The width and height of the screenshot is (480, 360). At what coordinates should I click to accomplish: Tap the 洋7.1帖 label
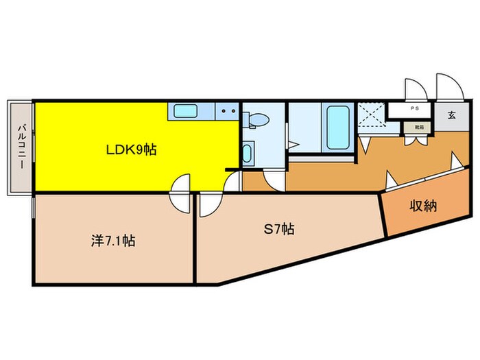tap(113, 241)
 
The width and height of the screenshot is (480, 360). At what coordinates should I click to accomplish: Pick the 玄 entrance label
tap(452, 115)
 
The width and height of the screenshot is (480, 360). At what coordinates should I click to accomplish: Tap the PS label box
tap(413, 108)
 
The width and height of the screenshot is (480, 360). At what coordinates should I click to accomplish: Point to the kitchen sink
tap(184, 110)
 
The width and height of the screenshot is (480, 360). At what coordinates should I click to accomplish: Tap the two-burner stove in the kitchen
tap(227, 110)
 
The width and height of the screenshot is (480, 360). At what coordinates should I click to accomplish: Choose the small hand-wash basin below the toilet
tap(248, 152)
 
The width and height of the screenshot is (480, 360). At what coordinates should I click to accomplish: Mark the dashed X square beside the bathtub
tap(370, 115)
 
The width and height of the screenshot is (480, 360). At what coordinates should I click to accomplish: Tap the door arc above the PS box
tap(414, 89)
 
